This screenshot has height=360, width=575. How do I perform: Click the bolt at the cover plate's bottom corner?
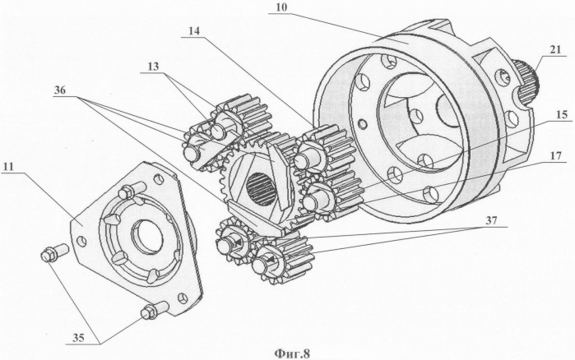[x=150, y=312]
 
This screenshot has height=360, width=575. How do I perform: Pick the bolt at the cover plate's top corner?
[x=127, y=193]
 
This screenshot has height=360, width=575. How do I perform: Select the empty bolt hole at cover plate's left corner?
[x=81, y=241]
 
